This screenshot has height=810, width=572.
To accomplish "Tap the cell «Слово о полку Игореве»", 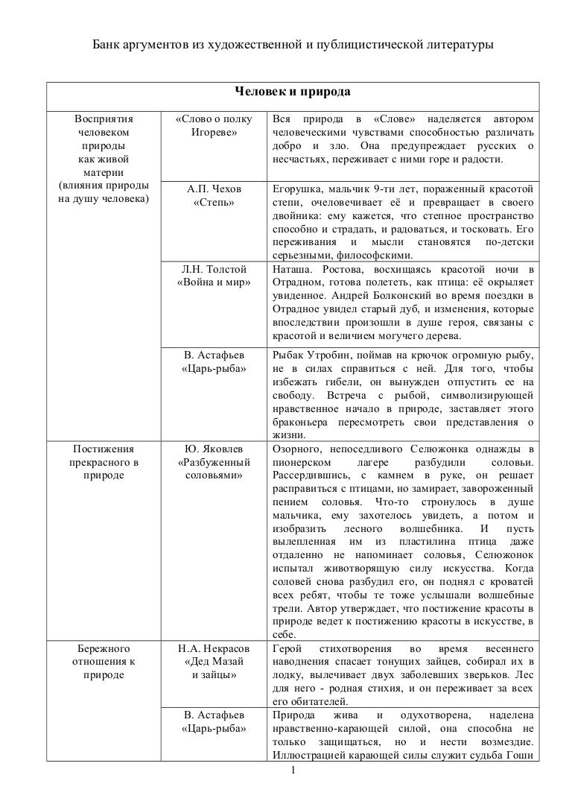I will [214, 127].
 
